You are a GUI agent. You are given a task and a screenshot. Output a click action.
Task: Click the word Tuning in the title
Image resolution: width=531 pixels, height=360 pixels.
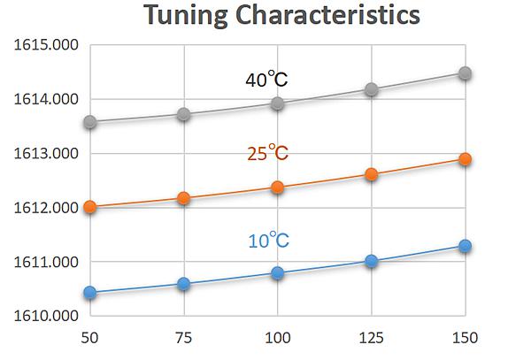(x=186, y=16)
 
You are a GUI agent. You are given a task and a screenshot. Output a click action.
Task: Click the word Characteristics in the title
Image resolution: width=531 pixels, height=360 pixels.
(x=327, y=14)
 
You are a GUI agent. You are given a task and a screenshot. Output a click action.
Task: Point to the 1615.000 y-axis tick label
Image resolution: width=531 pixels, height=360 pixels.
(x=46, y=45)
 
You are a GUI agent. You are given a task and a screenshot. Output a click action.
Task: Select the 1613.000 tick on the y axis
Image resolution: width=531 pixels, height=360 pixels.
(x=46, y=154)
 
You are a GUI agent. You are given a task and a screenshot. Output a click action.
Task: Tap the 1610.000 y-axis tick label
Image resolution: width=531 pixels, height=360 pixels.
(x=46, y=316)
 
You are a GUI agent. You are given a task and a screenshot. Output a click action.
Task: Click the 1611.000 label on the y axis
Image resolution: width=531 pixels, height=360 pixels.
(x=46, y=262)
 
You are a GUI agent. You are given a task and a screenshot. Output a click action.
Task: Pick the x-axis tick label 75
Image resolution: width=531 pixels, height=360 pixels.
(x=183, y=338)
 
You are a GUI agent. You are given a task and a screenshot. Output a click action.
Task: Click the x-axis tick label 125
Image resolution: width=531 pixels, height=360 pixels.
(x=371, y=338)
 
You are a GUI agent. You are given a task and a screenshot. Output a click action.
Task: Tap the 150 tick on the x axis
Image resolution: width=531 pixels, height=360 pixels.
(x=466, y=338)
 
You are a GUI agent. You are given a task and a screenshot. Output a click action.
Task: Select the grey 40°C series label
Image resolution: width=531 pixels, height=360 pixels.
(x=267, y=79)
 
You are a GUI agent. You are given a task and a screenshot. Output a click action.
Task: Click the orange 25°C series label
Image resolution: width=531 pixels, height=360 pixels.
(x=267, y=152)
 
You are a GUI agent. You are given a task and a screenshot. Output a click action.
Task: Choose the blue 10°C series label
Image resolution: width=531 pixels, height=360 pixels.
(x=268, y=240)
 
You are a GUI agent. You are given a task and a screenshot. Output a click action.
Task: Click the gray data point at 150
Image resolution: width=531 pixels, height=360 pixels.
(x=466, y=73)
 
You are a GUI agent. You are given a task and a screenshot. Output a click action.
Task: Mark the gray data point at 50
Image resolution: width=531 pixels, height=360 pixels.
(x=90, y=121)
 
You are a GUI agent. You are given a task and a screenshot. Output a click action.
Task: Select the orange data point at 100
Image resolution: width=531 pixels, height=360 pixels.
(x=278, y=188)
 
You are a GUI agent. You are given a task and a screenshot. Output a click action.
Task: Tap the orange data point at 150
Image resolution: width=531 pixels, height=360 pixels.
(x=466, y=159)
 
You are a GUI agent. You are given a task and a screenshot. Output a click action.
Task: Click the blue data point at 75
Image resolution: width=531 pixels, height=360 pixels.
(x=183, y=284)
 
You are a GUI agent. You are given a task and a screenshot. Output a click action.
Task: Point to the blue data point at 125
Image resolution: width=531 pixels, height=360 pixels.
(x=372, y=261)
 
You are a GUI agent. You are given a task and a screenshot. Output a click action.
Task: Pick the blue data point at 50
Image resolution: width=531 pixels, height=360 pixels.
(x=90, y=292)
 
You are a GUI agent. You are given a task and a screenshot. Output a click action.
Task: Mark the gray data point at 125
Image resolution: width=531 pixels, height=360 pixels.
(x=372, y=89)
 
